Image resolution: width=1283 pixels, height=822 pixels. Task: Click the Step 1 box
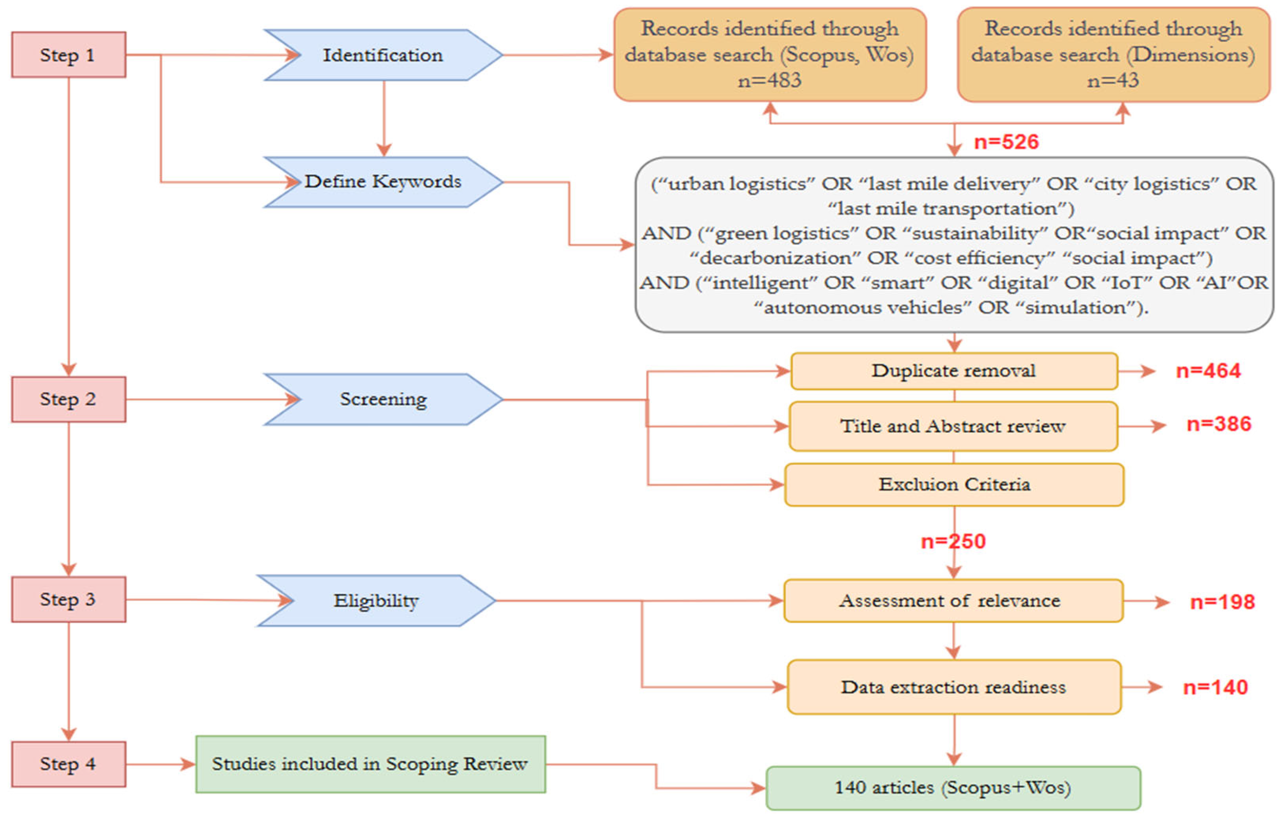68,55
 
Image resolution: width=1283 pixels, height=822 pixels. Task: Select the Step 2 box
68,399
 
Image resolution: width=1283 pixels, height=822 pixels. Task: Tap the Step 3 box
68,599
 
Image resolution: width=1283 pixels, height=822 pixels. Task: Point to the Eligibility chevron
376,601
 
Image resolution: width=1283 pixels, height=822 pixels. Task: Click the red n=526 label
1006,142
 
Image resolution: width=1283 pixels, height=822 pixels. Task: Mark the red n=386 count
1218,424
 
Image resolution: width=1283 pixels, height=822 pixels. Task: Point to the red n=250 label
953,541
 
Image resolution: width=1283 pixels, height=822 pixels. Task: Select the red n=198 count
1222,602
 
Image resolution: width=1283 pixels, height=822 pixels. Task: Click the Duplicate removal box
953,371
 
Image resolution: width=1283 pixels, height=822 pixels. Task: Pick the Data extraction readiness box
953,687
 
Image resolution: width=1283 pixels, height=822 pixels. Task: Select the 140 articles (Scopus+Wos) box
953,788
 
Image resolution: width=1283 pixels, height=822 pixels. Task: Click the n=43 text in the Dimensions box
1113,80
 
